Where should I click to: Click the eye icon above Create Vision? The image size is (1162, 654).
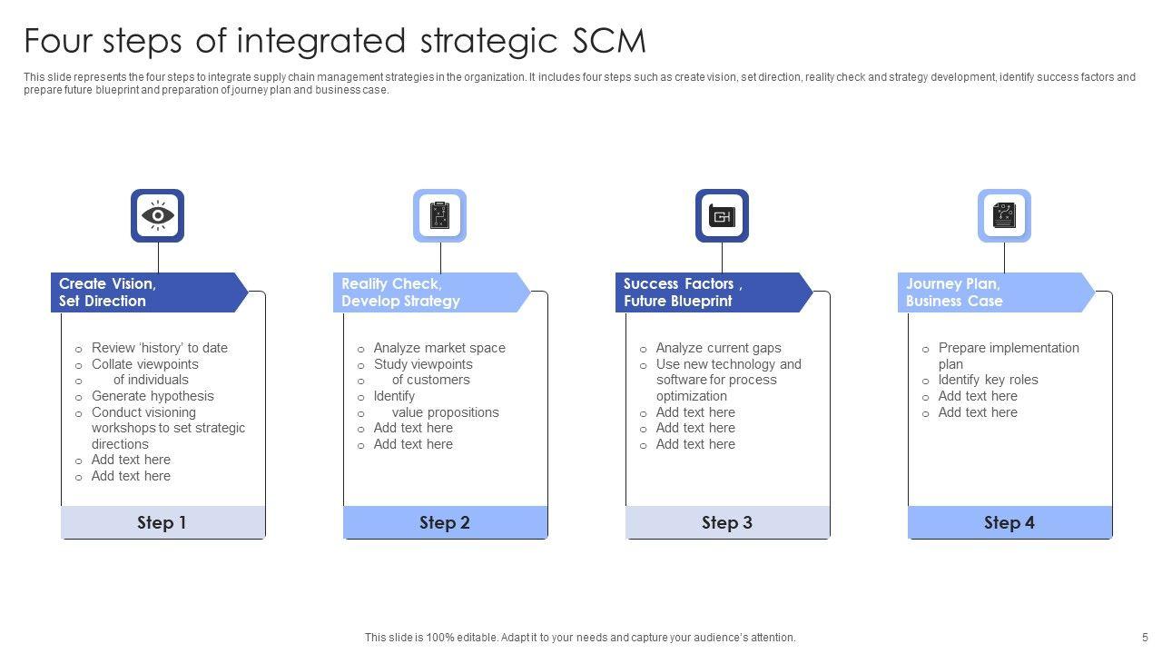158,216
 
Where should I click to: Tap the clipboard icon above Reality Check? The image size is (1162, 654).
440,216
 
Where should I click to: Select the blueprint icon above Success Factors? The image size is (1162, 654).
723,216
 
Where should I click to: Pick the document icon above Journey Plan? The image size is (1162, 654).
1004,216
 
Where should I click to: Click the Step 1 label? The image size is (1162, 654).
162,522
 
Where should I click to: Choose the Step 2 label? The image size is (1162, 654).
445,522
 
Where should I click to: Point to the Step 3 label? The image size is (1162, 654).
727,522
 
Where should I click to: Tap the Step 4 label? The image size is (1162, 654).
1009,522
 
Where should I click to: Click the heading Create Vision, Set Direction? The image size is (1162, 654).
107,292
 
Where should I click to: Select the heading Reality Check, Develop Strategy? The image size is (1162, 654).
400,292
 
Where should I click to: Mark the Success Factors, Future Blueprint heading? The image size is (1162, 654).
683,292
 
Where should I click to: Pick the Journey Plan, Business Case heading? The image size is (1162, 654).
954,292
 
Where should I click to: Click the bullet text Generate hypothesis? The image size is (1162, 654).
153,396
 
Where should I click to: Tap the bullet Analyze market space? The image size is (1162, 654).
439,348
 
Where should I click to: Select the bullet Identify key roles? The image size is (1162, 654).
988,380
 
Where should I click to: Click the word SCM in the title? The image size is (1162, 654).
609,42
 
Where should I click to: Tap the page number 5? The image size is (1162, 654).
1145,638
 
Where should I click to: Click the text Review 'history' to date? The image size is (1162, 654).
160,348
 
